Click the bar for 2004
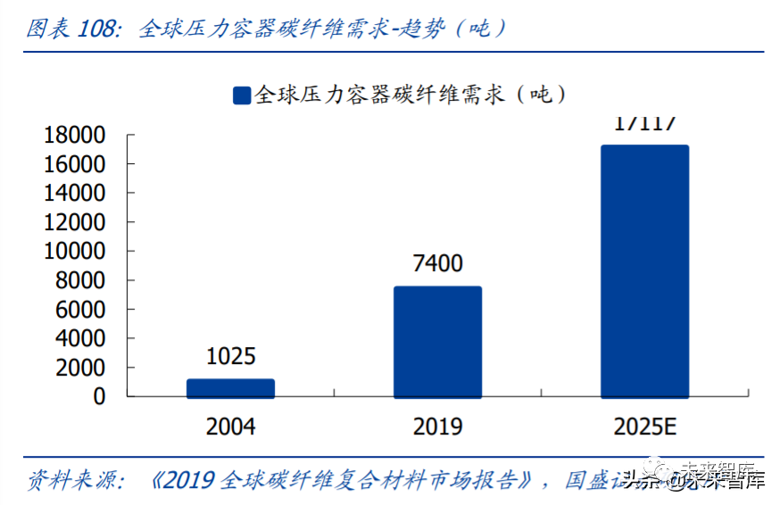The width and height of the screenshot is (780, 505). point(230,388)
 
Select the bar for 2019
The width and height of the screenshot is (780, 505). point(437,342)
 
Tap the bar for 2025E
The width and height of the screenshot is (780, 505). point(644,271)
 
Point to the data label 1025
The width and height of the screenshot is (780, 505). point(230,357)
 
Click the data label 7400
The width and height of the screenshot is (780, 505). point(437,264)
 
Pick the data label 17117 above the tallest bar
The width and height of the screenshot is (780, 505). point(644,123)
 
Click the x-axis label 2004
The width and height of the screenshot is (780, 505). point(230,426)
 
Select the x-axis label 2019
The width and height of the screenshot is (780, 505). point(437,426)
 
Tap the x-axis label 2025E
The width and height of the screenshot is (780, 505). point(644,426)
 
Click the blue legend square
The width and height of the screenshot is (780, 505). point(241,95)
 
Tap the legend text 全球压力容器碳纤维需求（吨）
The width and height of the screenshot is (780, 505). point(411,95)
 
